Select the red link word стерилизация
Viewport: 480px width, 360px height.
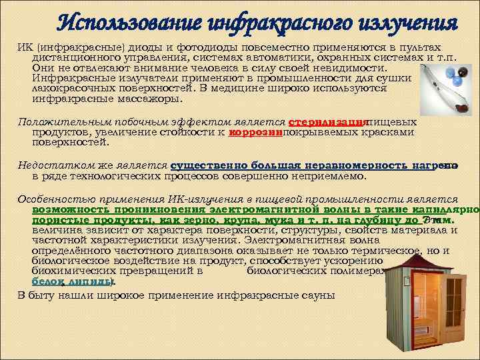tap(328, 123)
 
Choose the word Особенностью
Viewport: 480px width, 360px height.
tap(51, 199)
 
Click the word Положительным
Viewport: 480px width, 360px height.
tap(55, 123)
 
